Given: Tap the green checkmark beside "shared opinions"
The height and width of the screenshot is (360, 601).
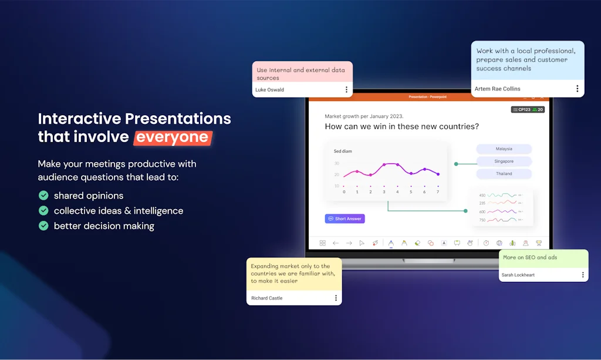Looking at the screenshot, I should point(43,195).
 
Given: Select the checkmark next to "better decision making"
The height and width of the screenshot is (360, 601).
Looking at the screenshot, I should point(43,226).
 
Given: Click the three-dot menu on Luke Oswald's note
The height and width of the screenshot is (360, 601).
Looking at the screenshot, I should point(346,90).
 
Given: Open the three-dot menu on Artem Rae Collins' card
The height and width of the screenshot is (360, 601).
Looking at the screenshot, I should point(577,89).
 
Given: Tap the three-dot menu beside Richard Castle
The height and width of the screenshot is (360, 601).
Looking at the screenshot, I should point(336,298).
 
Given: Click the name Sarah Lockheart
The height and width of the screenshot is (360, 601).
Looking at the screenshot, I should point(518,275).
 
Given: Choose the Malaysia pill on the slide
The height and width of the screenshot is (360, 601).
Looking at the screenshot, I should point(504,149).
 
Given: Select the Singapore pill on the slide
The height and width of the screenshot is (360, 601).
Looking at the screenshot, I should point(504,162).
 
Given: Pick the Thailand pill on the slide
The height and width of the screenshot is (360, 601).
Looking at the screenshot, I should point(504,174).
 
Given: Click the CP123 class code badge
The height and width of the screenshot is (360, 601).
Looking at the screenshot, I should point(521,110).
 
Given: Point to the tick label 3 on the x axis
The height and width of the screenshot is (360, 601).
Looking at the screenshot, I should point(384,192).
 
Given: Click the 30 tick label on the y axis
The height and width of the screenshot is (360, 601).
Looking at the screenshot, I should point(337,163).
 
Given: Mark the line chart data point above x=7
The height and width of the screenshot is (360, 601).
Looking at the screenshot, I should point(438,174).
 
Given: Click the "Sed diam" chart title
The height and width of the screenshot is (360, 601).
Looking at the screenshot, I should point(343,152).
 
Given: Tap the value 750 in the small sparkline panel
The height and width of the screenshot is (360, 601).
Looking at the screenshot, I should point(482,220).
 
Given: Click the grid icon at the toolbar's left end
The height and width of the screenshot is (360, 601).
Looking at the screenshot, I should point(322,243).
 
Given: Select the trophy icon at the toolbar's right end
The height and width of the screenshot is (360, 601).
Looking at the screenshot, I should point(538,243).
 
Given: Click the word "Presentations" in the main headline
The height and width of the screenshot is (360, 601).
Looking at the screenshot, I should point(167,118).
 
